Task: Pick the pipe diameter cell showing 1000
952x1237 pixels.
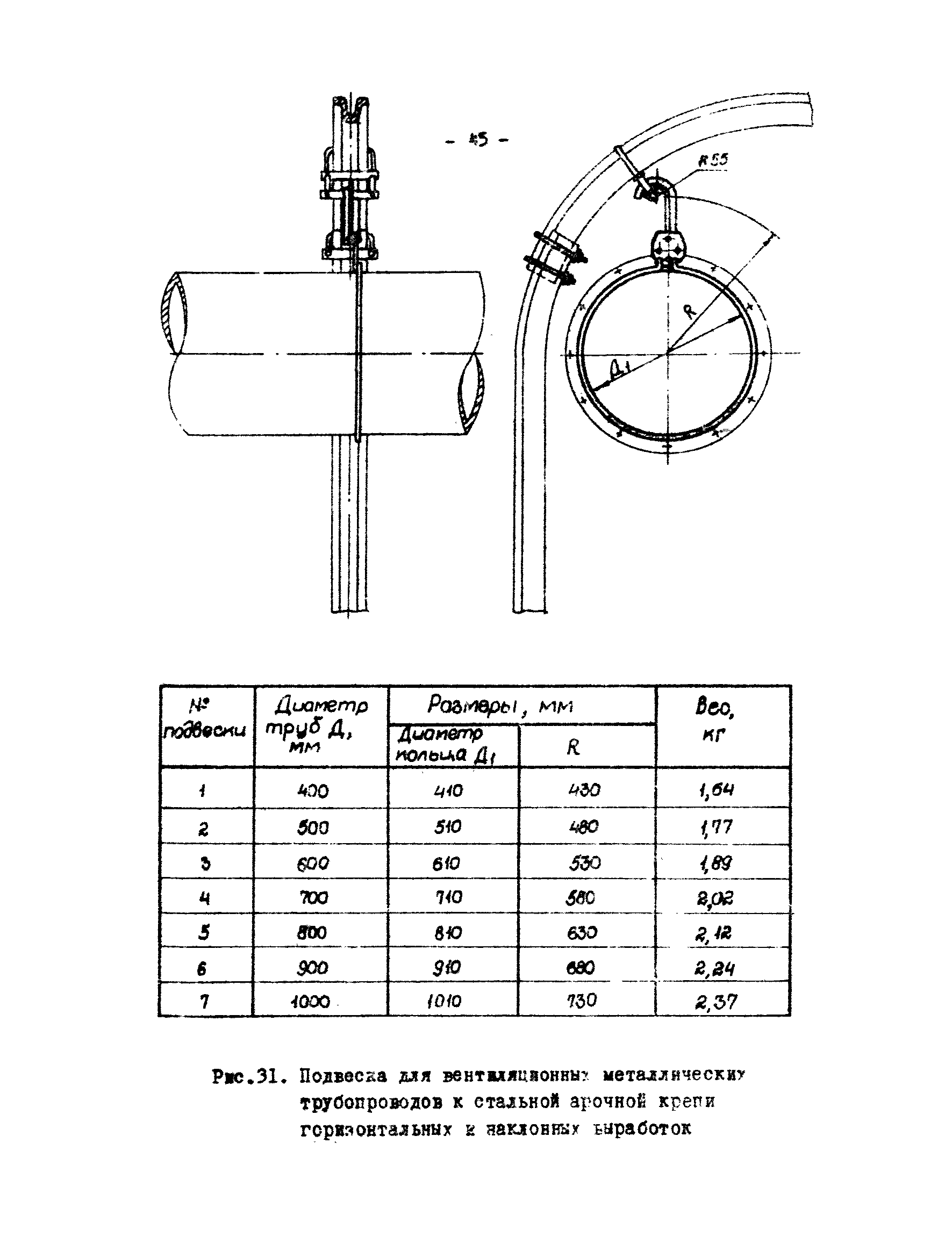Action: coord(310,1002)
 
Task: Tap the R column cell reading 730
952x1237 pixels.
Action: coord(582,1000)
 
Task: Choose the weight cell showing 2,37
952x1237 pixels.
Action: coord(716,1002)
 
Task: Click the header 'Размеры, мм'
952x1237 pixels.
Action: coord(500,705)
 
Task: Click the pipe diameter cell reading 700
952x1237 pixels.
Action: coord(313,897)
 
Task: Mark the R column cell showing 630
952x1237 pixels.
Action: coord(582,932)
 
